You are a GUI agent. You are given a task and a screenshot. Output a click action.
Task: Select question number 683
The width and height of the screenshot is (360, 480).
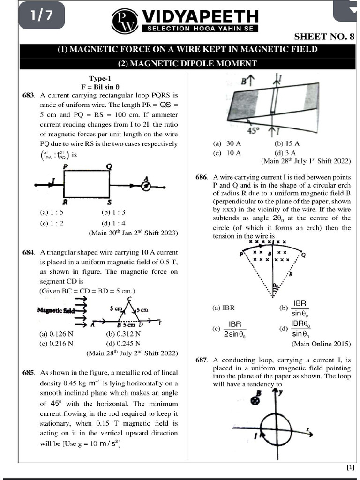point(29,95)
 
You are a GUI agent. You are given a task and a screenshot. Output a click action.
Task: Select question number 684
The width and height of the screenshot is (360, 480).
point(29,253)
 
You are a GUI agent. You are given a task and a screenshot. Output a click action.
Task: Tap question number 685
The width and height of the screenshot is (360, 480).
point(29,373)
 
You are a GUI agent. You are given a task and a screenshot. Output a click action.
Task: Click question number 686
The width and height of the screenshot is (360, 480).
point(202,177)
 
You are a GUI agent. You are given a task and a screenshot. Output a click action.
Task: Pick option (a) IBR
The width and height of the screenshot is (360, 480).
point(223,308)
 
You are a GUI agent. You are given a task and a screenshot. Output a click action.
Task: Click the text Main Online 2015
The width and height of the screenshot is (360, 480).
point(321,344)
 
